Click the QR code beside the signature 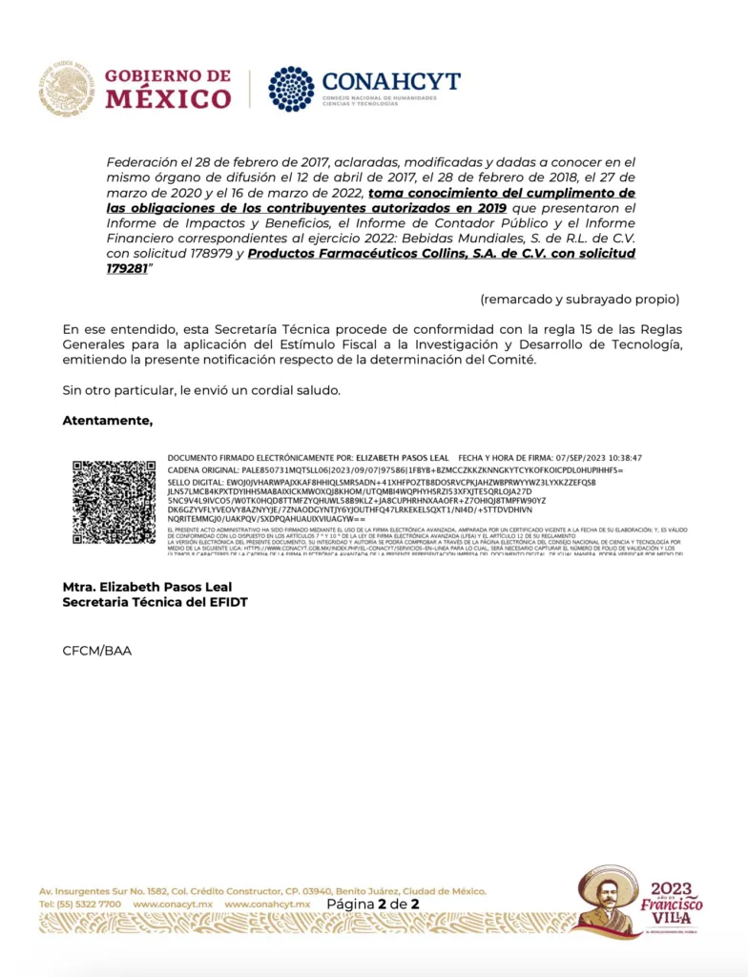click(114, 503)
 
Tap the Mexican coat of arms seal click(66, 90)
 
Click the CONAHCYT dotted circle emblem click(291, 90)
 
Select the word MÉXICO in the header click(168, 98)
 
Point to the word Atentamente click(107, 421)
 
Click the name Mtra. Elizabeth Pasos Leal click(147, 587)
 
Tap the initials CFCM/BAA click(97, 651)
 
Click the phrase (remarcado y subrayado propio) click(580, 299)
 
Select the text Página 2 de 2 click(373, 904)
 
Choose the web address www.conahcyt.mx click(267, 904)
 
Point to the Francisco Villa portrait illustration click(608, 899)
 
